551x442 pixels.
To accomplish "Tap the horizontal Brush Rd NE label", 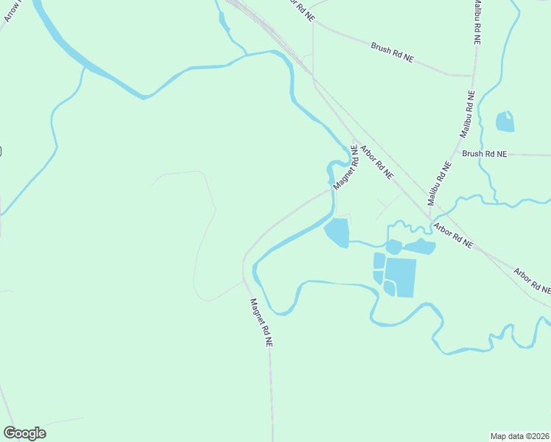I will point(485,154).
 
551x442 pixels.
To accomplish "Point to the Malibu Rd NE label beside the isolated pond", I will point(467,113).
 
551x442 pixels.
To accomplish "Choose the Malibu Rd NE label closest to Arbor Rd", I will point(440,183).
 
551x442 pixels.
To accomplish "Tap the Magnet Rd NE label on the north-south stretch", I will point(262,323).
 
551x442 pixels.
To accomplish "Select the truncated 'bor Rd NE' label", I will point(301,7).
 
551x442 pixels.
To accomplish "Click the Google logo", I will point(25,433).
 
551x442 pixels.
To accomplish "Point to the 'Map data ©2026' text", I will point(520,435).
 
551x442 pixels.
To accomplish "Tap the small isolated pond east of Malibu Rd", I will point(505,122).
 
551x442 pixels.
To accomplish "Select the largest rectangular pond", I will point(400,277).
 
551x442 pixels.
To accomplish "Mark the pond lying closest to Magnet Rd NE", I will point(337,233).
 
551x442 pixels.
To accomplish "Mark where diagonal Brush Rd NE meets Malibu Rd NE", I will point(472,76).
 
